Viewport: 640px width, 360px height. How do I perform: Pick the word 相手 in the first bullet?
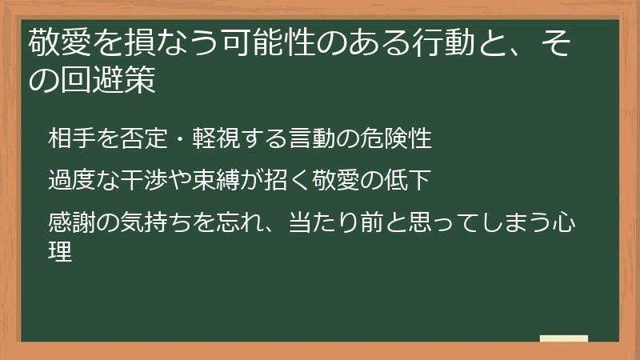click(x=70, y=138)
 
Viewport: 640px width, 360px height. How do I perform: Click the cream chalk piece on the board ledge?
click(x=563, y=338)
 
